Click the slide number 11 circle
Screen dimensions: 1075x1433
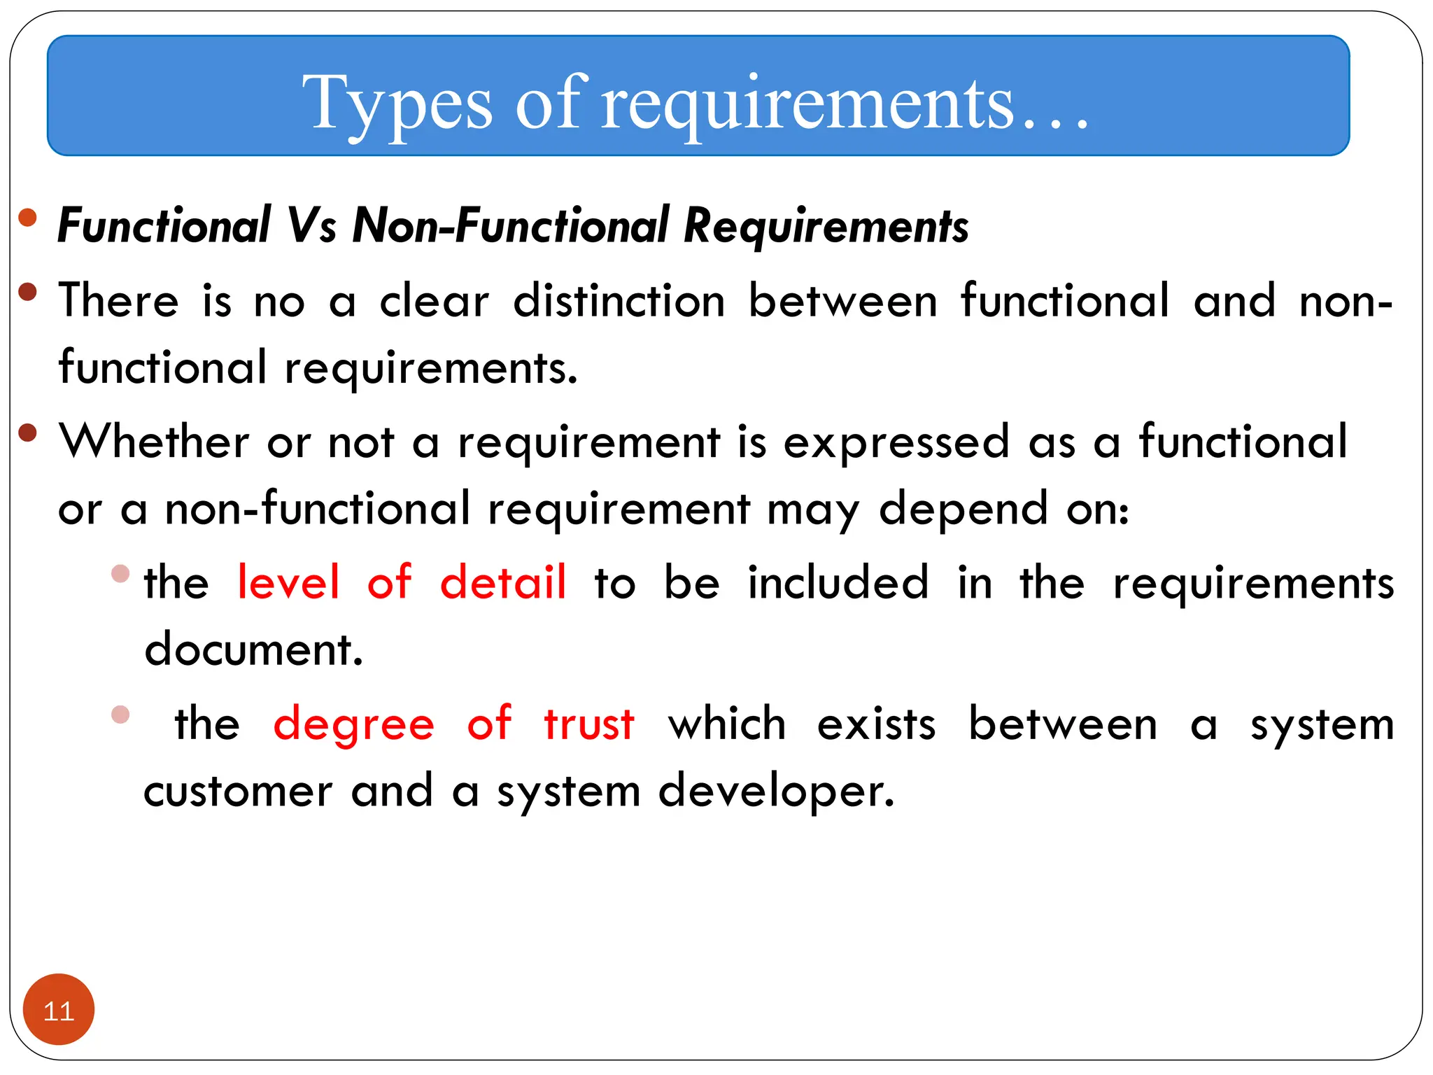pyautogui.click(x=58, y=1009)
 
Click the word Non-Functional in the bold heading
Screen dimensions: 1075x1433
pyautogui.click(x=511, y=226)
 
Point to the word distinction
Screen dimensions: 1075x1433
pyautogui.click(x=619, y=302)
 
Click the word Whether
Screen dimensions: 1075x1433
pyautogui.click(x=154, y=442)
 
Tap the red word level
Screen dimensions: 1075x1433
pyautogui.click(x=288, y=582)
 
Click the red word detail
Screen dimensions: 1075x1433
pyautogui.click(x=502, y=582)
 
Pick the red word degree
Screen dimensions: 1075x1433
pyautogui.click(x=353, y=725)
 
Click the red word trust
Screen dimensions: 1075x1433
pyautogui.click(x=589, y=724)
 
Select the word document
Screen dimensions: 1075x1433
pyautogui.click(x=253, y=649)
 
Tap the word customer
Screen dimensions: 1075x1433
pyautogui.click(x=238, y=792)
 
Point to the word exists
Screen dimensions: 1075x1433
pyautogui.click(x=876, y=724)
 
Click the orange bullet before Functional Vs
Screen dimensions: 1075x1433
pyautogui.click(x=27, y=218)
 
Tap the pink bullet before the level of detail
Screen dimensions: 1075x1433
pyautogui.click(x=120, y=574)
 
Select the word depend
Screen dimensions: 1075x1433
pyautogui.click(x=963, y=510)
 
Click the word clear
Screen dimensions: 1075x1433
pyautogui.click(x=434, y=302)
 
